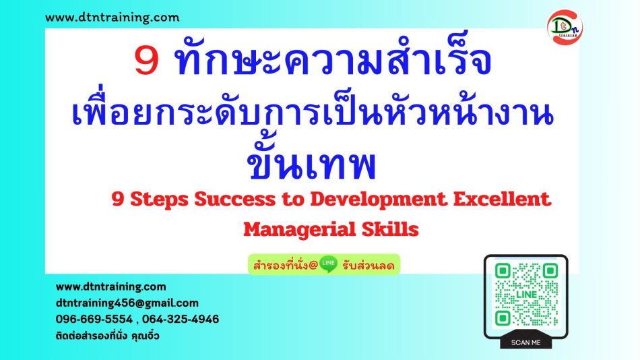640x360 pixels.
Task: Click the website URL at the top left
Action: [x=113, y=18]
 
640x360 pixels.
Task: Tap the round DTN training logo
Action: [x=565, y=28]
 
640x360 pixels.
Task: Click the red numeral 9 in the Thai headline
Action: [x=146, y=61]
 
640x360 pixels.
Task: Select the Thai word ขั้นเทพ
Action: [x=311, y=162]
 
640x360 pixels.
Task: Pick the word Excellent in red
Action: [x=502, y=199]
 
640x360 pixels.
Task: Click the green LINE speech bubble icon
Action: [x=328, y=264]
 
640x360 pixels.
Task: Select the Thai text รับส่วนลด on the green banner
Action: [x=368, y=266]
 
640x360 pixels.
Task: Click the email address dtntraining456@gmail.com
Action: [x=127, y=303]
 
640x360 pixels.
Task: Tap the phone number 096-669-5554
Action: [x=94, y=319]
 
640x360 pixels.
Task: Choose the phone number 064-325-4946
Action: [x=181, y=319]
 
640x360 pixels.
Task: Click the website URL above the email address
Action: [x=110, y=287]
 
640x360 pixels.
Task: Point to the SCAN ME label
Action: [x=525, y=342]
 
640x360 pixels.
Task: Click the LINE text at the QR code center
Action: [x=527, y=294]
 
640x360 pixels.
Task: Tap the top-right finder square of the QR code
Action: [x=550, y=270]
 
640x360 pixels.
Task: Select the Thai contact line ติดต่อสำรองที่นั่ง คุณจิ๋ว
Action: [x=107, y=336]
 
